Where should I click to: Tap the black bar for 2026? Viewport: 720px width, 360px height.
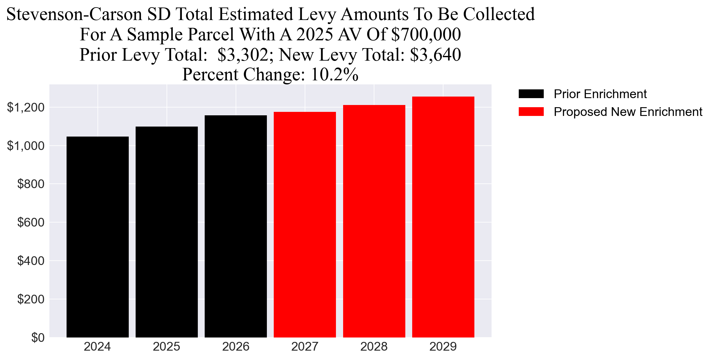click(x=236, y=226)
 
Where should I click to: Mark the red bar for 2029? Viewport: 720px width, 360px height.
click(x=443, y=217)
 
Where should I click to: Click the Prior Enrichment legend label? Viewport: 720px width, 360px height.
click(x=600, y=94)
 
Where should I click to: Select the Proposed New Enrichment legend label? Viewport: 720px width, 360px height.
click(x=628, y=112)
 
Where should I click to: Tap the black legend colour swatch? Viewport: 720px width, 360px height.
click(x=531, y=94)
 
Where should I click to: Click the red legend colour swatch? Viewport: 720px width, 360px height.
click(x=531, y=112)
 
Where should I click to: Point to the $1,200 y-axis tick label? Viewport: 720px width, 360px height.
click(x=26, y=107)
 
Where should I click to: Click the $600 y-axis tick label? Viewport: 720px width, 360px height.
click(x=31, y=222)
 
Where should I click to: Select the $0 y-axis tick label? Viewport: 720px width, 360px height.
click(x=37, y=338)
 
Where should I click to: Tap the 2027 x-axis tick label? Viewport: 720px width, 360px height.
click(x=305, y=347)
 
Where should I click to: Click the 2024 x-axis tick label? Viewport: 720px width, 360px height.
click(x=97, y=347)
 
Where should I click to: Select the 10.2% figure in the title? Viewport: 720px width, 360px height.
click(x=334, y=75)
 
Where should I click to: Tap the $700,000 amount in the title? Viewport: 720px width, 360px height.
click(x=426, y=34)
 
